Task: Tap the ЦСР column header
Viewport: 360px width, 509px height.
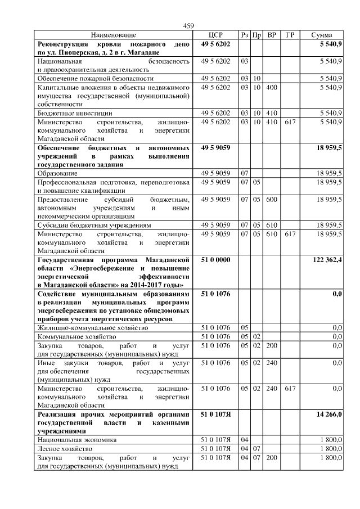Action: [216, 35]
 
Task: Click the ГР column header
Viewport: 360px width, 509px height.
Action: [290, 35]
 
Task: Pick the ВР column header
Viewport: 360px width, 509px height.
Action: [272, 35]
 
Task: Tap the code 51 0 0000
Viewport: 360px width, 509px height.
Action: [216, 260]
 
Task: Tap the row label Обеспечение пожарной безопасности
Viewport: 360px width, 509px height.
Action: [95, 78]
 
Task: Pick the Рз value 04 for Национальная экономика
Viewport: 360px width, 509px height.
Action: [244, 438]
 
